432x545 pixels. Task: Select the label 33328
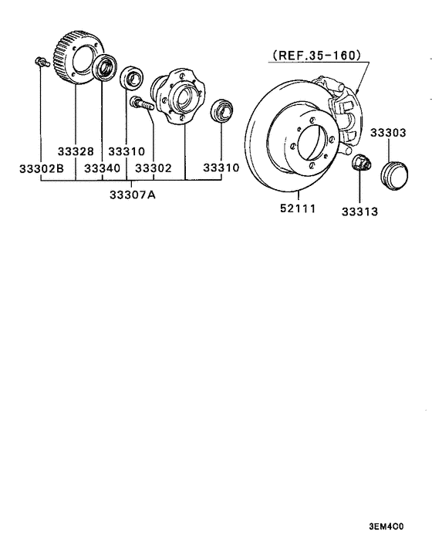coord(74,152)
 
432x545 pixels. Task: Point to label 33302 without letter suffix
coord(153,168)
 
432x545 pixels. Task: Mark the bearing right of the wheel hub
coord(222,111)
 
